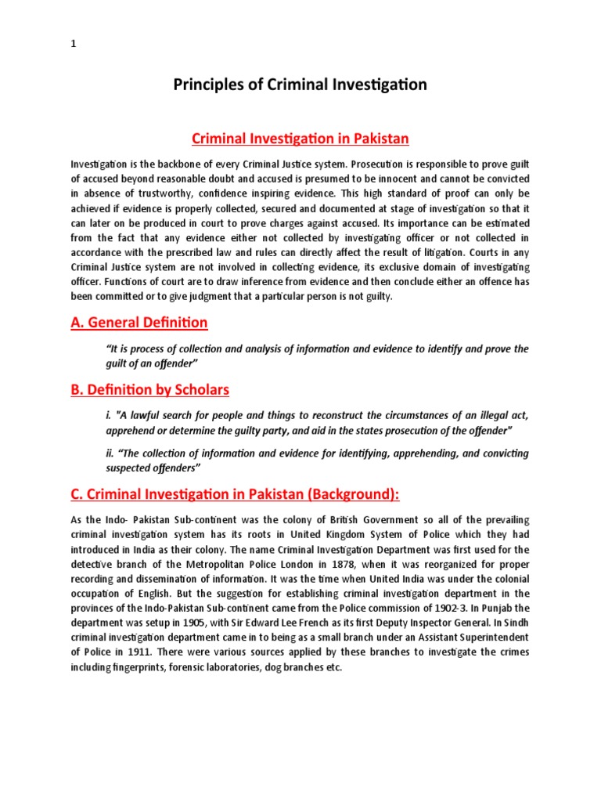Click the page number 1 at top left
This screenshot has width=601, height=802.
coord(74,45)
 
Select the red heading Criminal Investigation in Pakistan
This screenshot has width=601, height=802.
coord(300,139)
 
